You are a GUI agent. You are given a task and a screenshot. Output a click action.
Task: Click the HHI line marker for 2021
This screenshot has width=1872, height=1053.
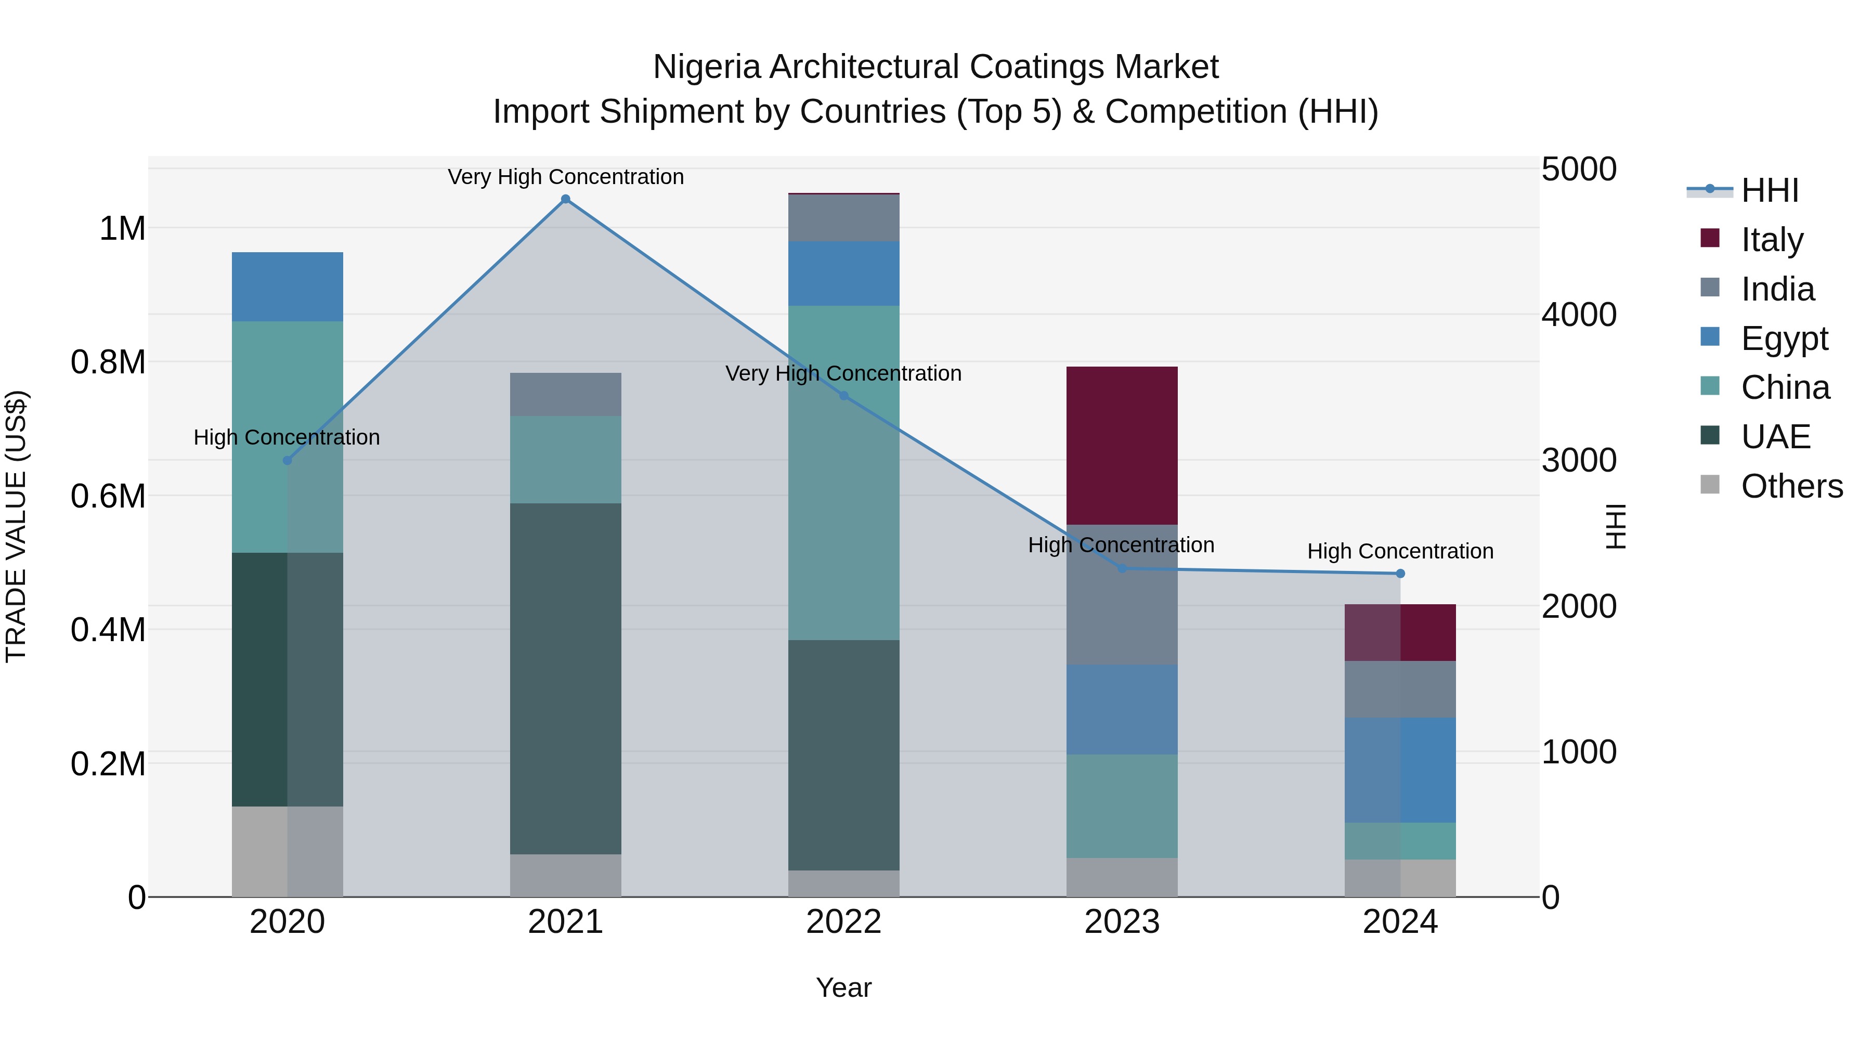(565, 199)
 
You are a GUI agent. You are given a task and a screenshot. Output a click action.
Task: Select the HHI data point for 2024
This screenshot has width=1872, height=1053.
(1400, 574)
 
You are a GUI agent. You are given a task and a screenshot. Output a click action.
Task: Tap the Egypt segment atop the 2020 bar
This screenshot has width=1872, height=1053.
(287, 287)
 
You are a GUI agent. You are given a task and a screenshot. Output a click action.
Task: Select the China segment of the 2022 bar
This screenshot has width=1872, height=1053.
(844, 472)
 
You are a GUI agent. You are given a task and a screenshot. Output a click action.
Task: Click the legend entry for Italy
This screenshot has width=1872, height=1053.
(1772, 240)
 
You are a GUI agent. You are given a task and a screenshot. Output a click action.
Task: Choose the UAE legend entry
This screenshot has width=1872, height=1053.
(1775, 437)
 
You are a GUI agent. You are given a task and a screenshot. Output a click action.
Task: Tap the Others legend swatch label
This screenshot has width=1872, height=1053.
(1791, 486)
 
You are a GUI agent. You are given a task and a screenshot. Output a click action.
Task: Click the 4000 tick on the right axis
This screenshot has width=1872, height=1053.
(1578, 315)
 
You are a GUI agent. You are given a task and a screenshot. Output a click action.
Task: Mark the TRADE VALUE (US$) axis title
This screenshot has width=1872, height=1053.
(16, 526)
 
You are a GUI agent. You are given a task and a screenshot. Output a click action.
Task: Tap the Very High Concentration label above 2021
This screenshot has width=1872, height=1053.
(565, 177)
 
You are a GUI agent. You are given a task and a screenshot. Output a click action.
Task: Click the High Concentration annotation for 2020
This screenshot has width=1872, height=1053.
(287, 437)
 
